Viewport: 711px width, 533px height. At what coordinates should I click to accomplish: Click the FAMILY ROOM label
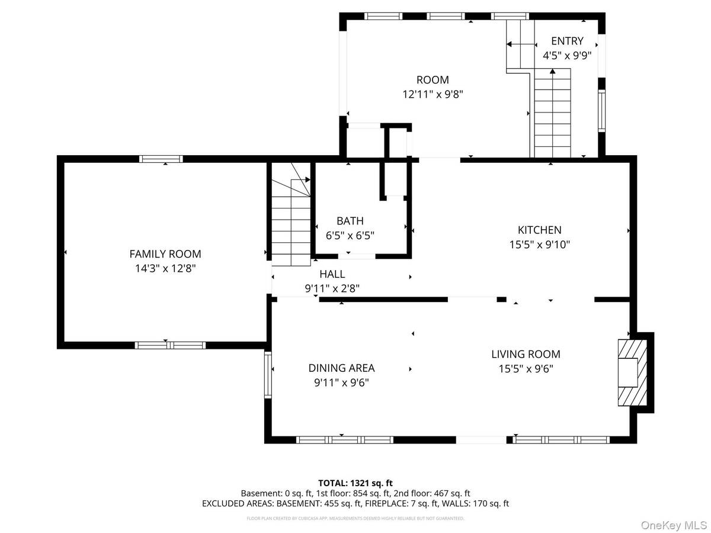pyautogui.click(x=165, y=254)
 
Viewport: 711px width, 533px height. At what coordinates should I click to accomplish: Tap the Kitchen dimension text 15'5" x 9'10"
pyautogui.click(x=539, y=244)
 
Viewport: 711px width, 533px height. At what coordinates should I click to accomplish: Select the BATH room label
pyautogui.click(x=350, y=221)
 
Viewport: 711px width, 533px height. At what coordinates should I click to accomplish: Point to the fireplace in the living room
pyautogui.click(x=629, y=373)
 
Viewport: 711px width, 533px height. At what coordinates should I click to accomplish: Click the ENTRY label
pyautogui.click(x=567, y=41)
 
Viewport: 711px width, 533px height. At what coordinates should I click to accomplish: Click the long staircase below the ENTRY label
pyautogui.click(x=552, y=113)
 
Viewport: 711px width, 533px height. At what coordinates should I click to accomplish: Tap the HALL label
pyautogui.click(x=332, y=274)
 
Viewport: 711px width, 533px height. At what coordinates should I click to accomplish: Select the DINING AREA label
pyautogui.click(x=341, y=368)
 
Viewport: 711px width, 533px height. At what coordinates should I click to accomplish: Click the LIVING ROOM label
pyautogui.click(x=526, y=354)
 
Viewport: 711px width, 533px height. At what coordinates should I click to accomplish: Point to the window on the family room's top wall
pyautogui.click(x=161, y=158)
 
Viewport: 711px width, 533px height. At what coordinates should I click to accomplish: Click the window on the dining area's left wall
pyautogui.click(x=268, y=374)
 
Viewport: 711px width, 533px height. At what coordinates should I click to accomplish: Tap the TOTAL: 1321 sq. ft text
pyautogui.click(x=355, y=483)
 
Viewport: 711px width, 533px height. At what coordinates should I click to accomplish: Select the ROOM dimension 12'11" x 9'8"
pyautogui.click(x=433, y=94)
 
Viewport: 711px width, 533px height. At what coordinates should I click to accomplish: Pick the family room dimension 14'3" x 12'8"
pyautogui.click(x=165, y=268)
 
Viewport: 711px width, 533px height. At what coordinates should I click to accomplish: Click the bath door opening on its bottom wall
pyautogui.click(x=357, y=256)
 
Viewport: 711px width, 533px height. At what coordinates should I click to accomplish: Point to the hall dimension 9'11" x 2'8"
pyautogui.click(x=332, y=288)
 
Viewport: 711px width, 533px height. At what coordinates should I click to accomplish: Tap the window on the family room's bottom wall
pyautogui.click(x=170, y=345)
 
